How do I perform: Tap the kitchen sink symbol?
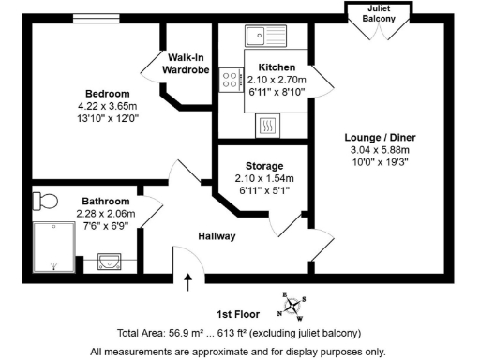coord(267,37)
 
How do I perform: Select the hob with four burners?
coord(230,81)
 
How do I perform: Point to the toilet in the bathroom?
coord(43,200)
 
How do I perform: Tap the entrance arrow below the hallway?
coord(188,278)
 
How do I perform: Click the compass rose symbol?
coord(295,304)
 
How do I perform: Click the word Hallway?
coord(216,236)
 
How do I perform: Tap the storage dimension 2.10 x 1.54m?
coord(263,178)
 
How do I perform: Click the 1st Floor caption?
coord(237,315)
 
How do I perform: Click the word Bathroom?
coord(105,201)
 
